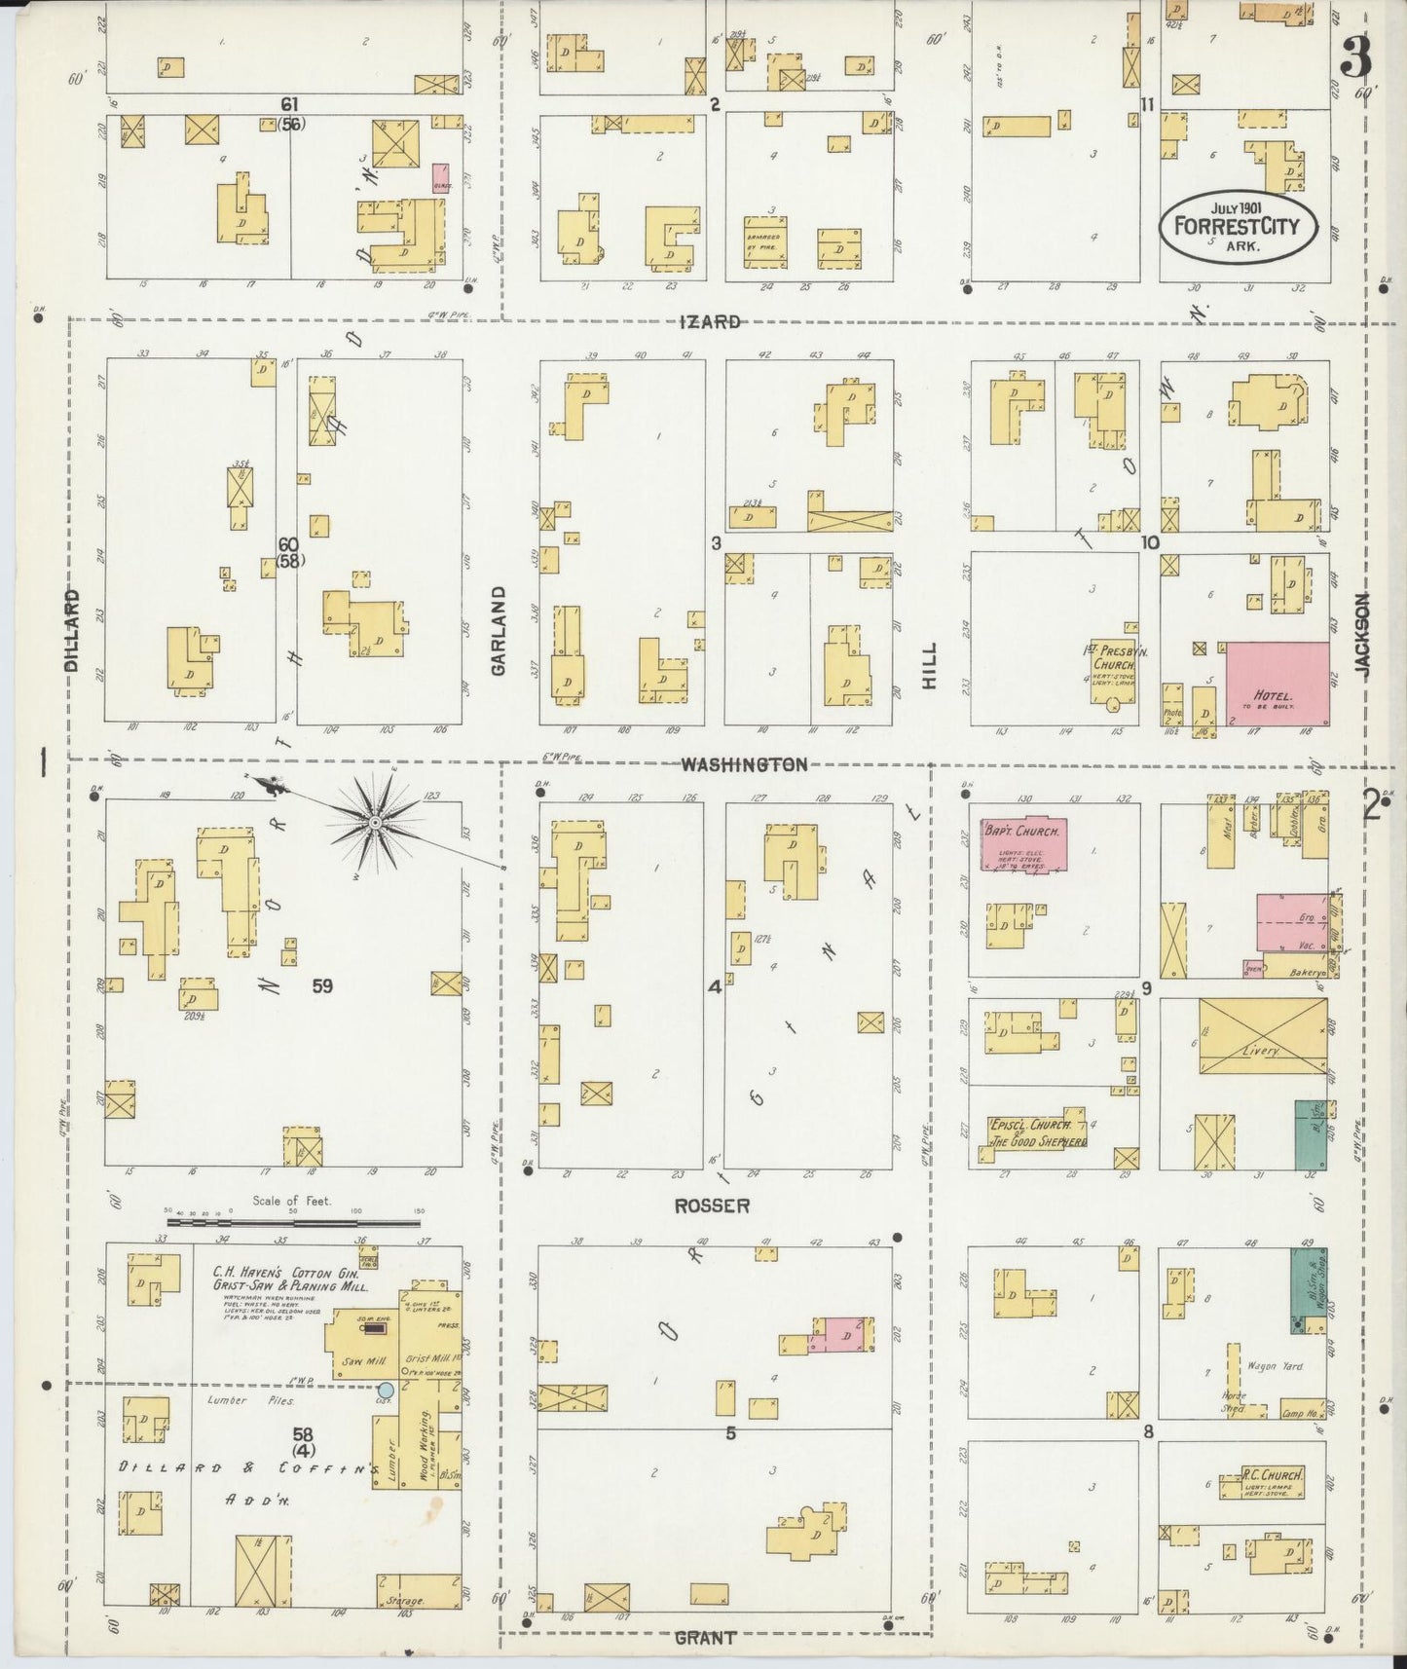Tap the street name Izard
tap(711, 321)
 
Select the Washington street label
tap(744, 764)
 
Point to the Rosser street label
tap(712, 1205)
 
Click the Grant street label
tap(705, 1638)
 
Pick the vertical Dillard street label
tap(72, 630)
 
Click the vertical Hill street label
tap(929, 666)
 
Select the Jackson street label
tap(1362, 636)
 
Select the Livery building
tap(1263, 1036)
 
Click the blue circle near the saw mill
tap(386, 1390)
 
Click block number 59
tap(322, 985)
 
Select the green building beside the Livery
tap(1310, 1135)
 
